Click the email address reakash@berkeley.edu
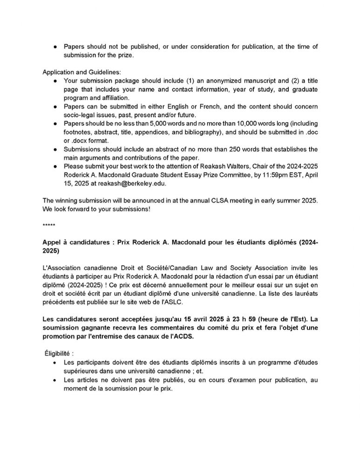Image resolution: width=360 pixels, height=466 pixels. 132,184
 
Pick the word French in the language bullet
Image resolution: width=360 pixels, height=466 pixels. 207,106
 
